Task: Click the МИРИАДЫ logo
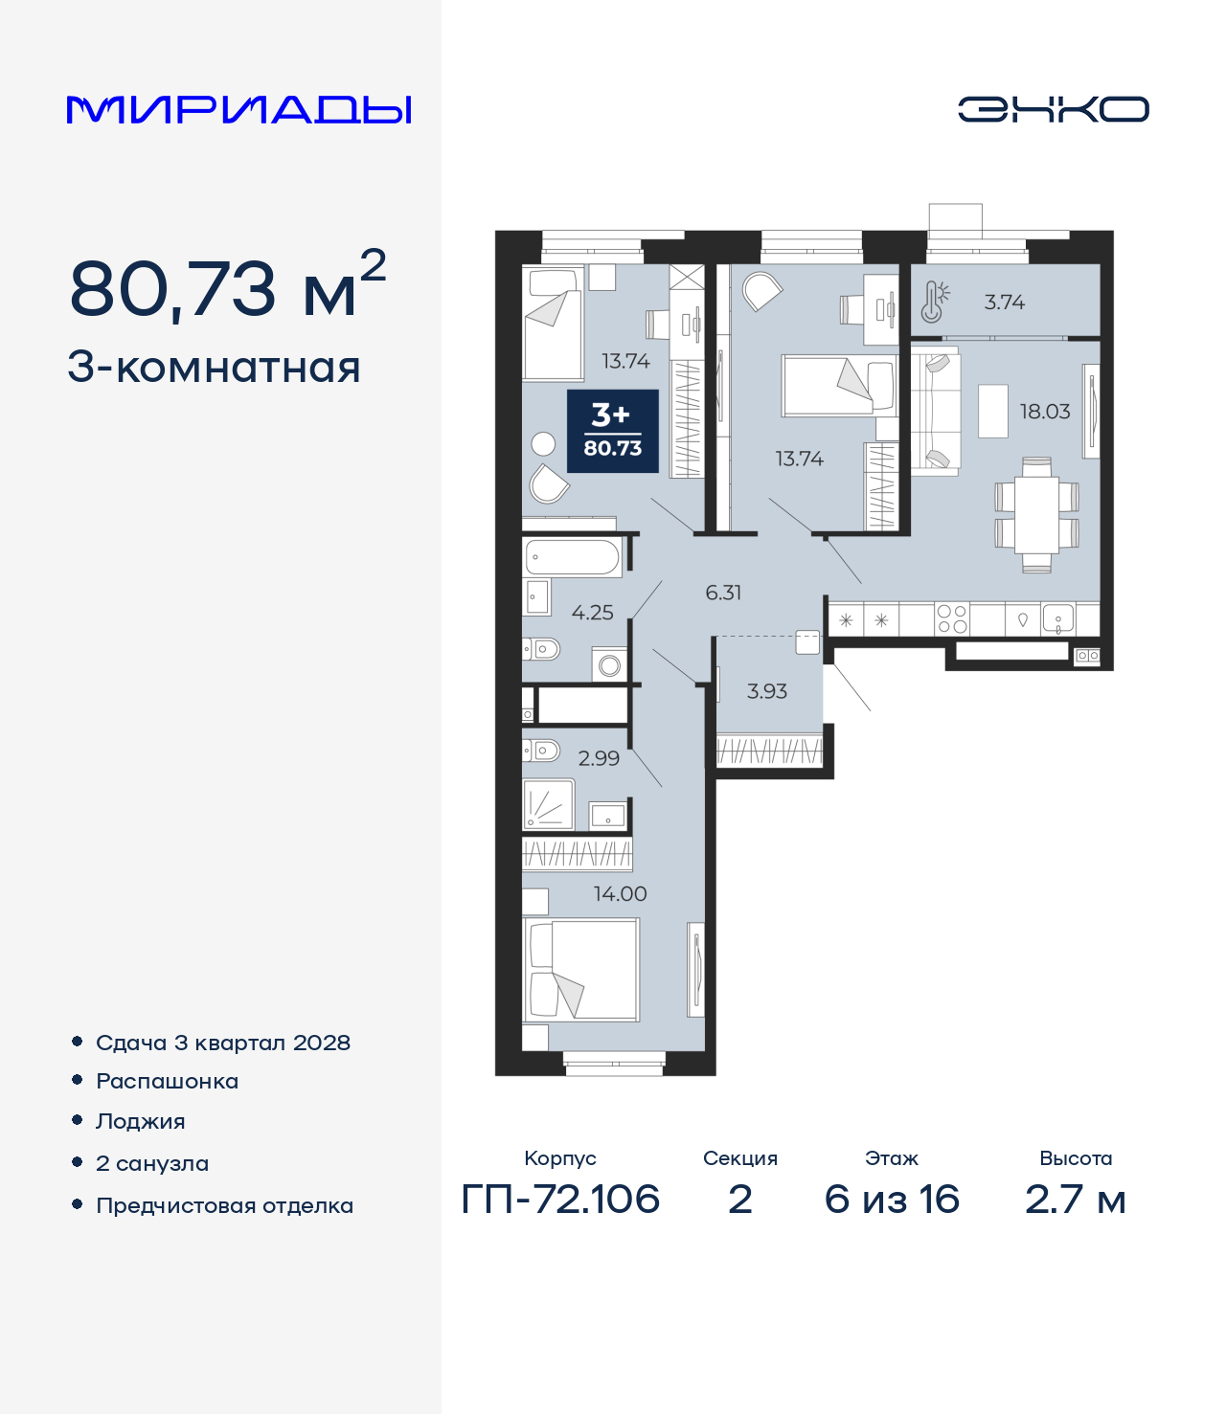pyautogui.click(x=238, y=109)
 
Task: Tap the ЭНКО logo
pyautogui.click(x=1053, y=109)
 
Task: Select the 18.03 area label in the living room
pyautogui.click(x=1045, y=411)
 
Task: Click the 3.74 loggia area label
pyautogui.click(x=1004, y=302)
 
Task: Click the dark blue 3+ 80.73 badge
pyautogui.click(x=613, y=431)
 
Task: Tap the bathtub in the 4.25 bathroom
pyautogui.click(x=572, y=557)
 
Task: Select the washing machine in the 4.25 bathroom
pyautogui.click(x=609, y=664)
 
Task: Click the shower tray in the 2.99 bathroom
pyautogui.click(x=548, y=804)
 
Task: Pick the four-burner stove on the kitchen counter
pyautogui.click(x=952, y=619)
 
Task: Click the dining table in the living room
pyautogui.click(x=1036, y=515)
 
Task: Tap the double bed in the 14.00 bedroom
pyautogui.click(x=580, y=970)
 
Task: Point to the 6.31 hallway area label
pyautogui.click(x=723, y=593)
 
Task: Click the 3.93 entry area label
pyautogui.click(x=766, y=691)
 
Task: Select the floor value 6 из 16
pyautogui.click(x=892, y=1199)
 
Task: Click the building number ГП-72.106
pyautogui.click(x=560, y=1199)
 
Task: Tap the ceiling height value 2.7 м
pyautogui.click(x=1076, y=1199)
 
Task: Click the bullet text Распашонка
pyautogui.click(x=167, y=1081)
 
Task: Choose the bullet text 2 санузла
pyautogui.click(x=152, y=1163)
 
